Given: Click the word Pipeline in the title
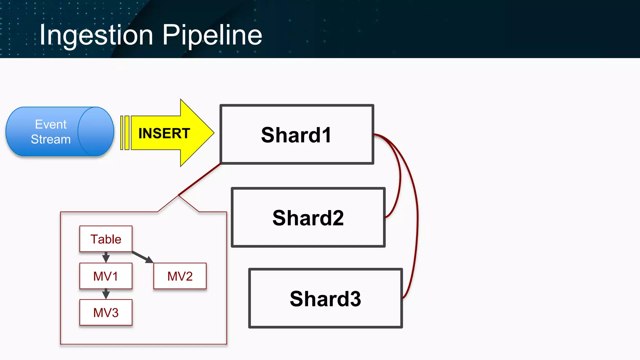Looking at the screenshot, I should coord(212,35).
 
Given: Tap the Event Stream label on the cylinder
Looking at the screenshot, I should coord(51,132).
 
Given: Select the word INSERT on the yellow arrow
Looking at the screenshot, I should coord(164,133).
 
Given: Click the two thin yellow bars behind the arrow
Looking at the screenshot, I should coord(125,133).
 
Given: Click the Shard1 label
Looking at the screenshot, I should coord(296,135).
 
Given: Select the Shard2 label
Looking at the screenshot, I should coord(308,218).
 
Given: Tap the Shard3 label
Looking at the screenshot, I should coord(325,299).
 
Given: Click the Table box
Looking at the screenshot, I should coord(106,239).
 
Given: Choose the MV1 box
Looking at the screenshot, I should coord(106,276).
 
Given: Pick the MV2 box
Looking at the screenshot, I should coord(180,276).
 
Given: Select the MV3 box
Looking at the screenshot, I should coord(106,312).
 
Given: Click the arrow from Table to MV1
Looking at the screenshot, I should coord(106,257).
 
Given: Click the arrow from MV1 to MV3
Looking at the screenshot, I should coord(106,294).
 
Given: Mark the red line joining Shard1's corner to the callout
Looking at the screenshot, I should coord(199,179).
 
